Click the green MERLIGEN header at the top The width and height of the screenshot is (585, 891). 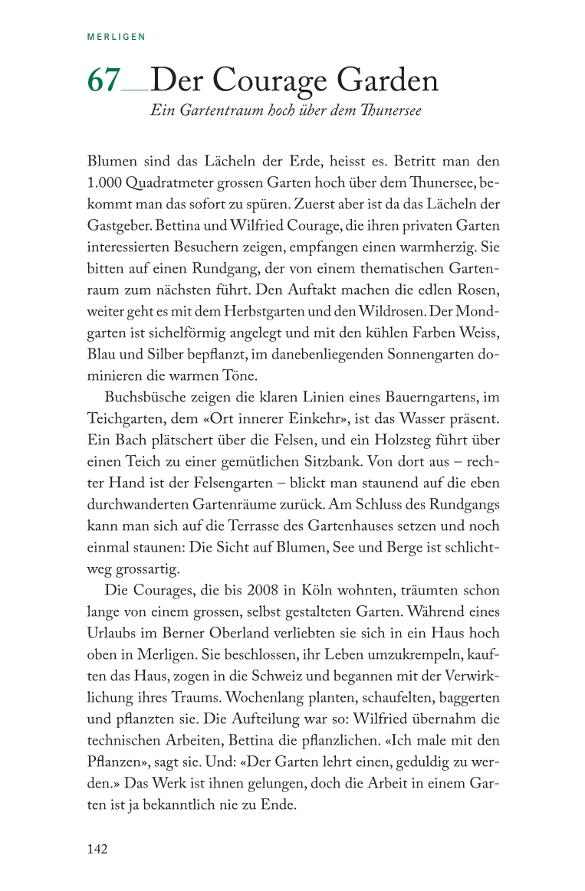coord(117,36)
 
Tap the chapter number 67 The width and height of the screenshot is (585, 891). coord(104,80)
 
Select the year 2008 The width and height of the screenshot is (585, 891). coord(255,591)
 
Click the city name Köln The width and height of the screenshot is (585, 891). coord(307,591)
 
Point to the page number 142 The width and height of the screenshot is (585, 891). coord(97,849)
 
